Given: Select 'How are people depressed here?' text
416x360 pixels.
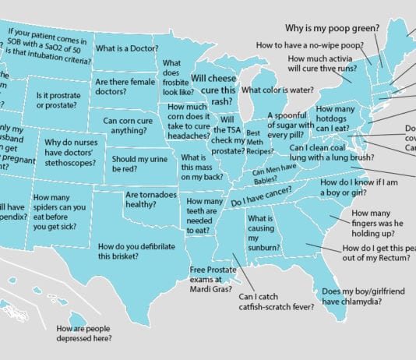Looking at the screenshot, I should click(84, 334).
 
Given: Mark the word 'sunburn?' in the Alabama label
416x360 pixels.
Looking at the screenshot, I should click(265, 248).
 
